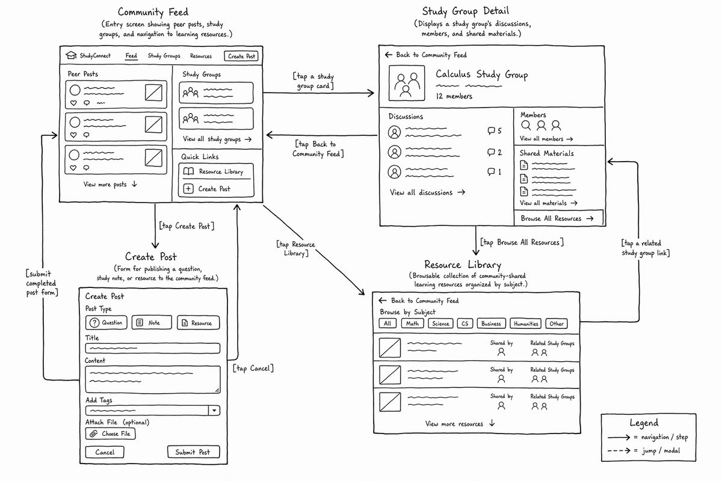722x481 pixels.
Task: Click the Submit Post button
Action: (193, 452)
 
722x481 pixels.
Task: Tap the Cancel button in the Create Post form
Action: (105, 452)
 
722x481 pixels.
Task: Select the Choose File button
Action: (110, 434)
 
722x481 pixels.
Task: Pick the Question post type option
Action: (106, 322)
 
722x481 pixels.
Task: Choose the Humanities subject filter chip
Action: (526, 323)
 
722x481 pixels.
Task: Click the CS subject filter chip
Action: (464, 323)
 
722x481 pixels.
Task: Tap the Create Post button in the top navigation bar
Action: (241, 56)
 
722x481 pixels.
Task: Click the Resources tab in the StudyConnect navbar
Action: (201, 56)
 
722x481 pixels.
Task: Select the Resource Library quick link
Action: (216, 171)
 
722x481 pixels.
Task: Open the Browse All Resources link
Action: (558, 218)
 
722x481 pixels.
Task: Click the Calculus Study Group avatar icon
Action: (407, 83)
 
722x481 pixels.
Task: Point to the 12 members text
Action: (454, 96)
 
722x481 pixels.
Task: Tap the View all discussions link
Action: (427, 192)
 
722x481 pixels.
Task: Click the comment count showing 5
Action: (495, 130)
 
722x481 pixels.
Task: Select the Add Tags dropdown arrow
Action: (214, 411)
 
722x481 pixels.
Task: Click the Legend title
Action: (644, 423)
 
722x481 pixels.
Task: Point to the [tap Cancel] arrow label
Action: (253, 368)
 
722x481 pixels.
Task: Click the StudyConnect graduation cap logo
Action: (71, 55)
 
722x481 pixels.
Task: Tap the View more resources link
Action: (460, 424)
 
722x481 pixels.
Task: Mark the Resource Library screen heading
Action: (463, 265)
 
